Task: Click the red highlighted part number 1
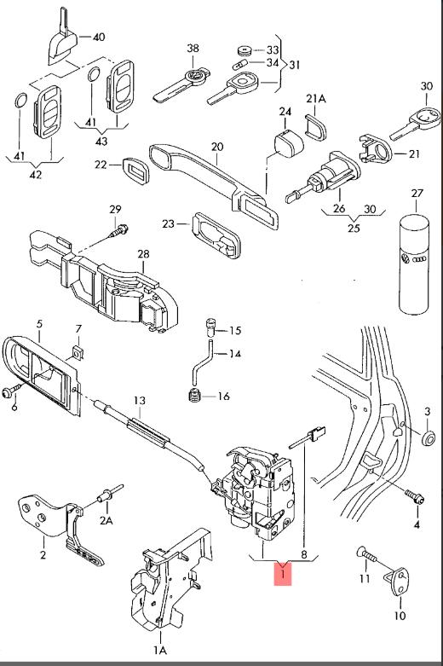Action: (x=283, y=573)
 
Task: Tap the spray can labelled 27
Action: (x=414, y=264)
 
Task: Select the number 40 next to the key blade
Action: (x=99, y=37)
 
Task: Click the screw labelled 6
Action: (x=12, y=391)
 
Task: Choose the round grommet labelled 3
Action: (x=429, y=438)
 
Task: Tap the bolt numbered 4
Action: (x=415, y=497)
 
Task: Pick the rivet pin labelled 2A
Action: (x=110, y=493)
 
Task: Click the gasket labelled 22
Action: (x=135, y=171)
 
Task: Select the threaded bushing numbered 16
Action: (x=194, y=396)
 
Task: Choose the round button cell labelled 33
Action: (x=245, y=50)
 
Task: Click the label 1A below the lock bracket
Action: (x=160, y=650)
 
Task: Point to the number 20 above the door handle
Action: (x=217, y=147)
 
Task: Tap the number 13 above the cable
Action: (x=140, y=401)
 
